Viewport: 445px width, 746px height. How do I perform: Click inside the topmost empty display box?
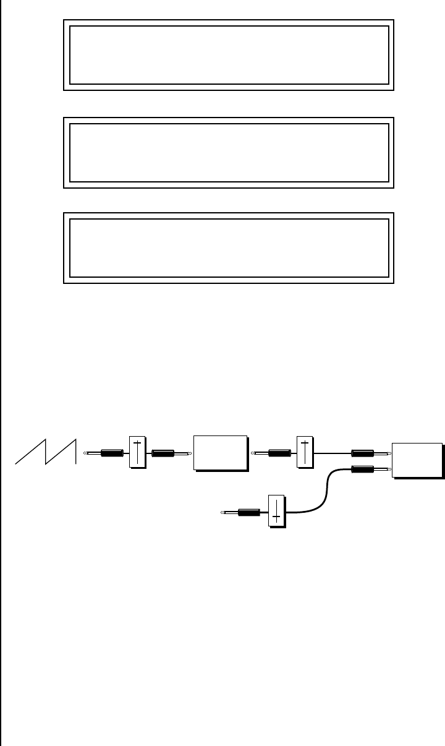pos(229,55)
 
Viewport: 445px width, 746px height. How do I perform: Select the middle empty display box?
pos(229,152)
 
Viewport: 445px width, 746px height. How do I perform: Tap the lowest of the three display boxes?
pos(229,247)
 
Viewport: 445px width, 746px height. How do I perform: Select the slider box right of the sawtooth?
pos(137,452)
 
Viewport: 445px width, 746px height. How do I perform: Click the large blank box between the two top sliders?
pos(221,453)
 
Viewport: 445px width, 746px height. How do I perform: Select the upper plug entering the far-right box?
pos(369,453)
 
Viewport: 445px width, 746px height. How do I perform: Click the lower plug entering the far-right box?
pos(369,469)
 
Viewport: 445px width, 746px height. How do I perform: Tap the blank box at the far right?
pos(417,460)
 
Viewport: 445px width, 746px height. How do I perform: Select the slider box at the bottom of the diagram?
pos(276,510)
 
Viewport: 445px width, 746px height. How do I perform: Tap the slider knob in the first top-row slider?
pos(137,444)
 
